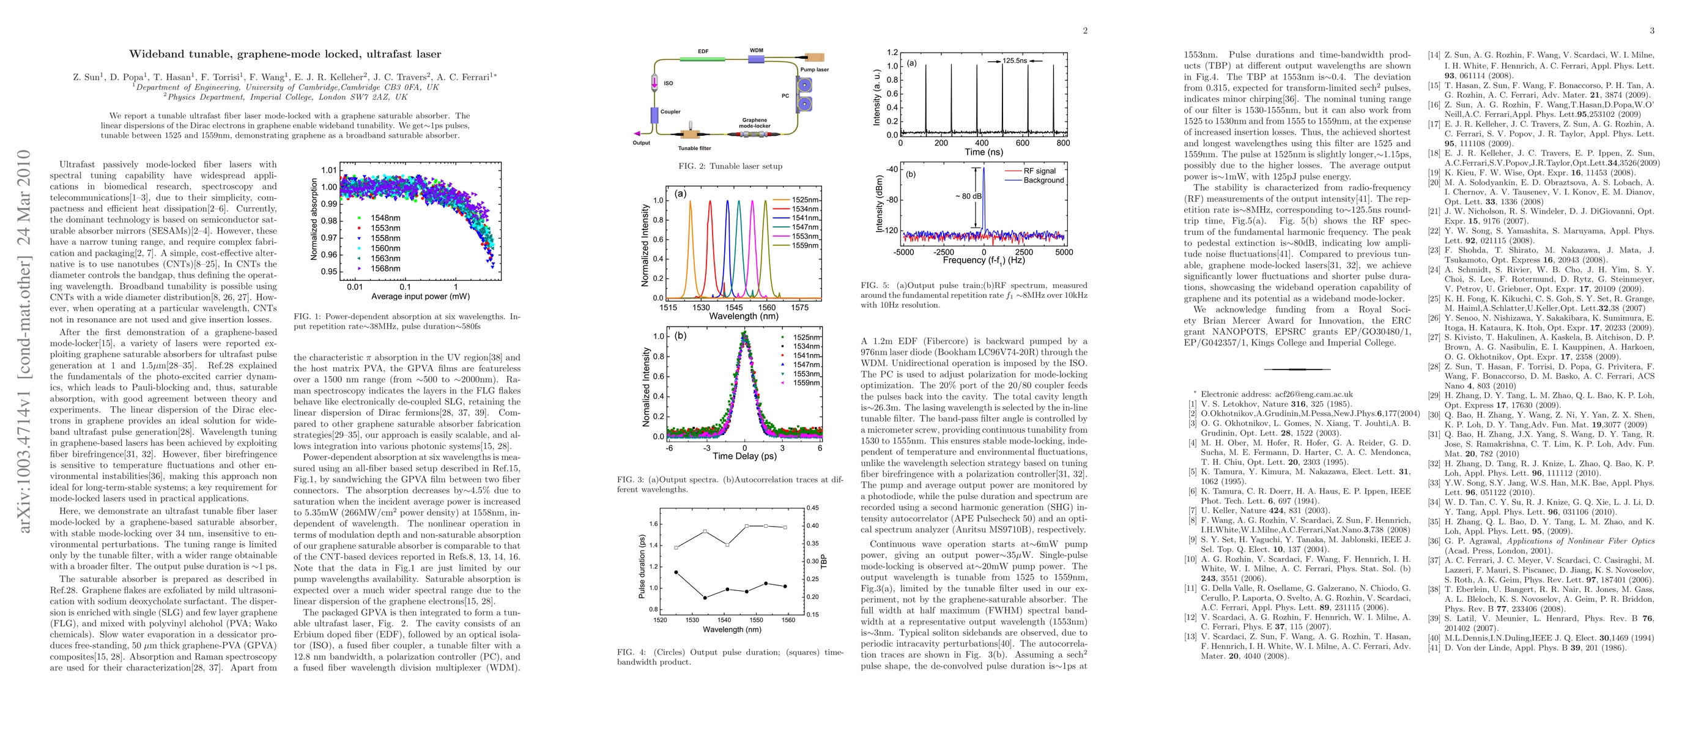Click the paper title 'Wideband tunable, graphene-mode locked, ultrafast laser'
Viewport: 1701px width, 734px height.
pos(284,54)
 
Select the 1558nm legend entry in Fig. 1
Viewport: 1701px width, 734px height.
pos(385,237)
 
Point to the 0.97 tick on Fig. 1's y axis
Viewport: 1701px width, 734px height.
pos(329,237)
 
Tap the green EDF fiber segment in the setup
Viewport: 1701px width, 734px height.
pos(703,59)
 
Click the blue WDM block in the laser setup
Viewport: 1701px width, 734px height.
pos(756,59)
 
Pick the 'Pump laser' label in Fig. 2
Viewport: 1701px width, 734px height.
pos(814,69)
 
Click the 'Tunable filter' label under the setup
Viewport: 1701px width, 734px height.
pos(695,149)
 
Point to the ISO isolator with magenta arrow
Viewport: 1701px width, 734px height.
pos(654,84)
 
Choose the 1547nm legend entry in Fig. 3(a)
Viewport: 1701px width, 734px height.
pos(805,227)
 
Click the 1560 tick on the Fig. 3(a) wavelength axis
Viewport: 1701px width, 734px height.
pos(766,307)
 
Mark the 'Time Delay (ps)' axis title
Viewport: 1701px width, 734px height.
pos(744,456)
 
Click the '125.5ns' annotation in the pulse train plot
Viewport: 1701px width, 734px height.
pos(1015,61)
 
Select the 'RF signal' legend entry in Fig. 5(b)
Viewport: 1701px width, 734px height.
pos(1039,171)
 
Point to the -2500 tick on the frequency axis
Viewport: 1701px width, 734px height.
pos(944,252)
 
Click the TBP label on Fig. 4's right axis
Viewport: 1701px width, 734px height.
pos(823,562)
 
